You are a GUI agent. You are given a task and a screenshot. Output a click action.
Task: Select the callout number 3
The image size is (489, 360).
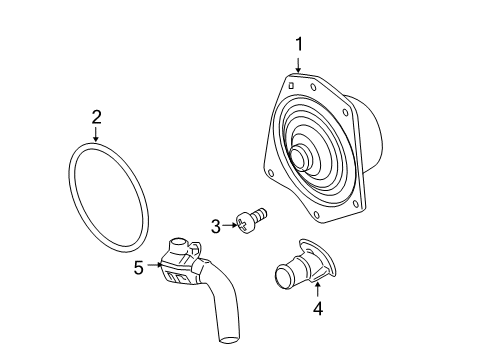click(215, 226)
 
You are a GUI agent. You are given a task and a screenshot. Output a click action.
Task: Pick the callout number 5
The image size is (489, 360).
click(139, 266)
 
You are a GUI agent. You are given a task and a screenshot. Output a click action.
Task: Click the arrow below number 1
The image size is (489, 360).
click(298, 63)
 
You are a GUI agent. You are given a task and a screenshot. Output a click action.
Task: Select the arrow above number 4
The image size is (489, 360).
click(317, 289)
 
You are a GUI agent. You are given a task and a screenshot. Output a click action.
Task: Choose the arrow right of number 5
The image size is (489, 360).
click(154, 266)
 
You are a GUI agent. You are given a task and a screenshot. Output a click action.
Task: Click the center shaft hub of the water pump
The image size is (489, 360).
click(297, 157)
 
